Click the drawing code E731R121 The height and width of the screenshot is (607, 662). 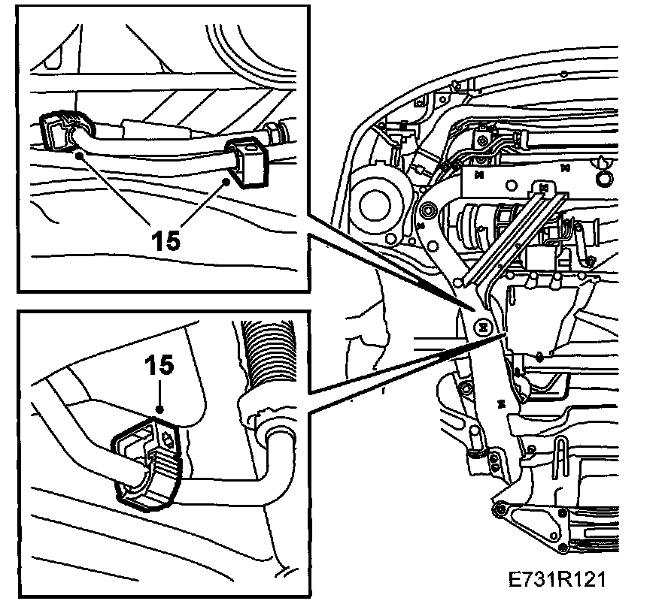tap(557, 580)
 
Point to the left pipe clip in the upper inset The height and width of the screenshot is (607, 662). tap(56, 132)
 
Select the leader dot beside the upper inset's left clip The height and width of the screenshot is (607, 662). tap(78, 155)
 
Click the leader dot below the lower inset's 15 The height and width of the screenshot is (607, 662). tap(159, 409)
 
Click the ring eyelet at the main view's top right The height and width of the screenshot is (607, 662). tap(602, 178)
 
